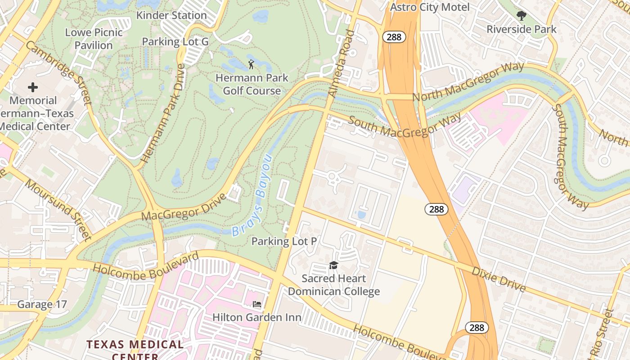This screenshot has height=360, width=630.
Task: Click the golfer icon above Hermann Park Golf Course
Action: pyautogui.click(x=251, y=64)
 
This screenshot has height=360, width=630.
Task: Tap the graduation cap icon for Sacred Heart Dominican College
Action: pyautogui.click(x=333, y=265)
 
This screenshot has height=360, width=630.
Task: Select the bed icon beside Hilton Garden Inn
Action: pyautogui.click(x=257, y=304)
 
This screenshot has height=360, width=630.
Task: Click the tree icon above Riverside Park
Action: pyautogui.click(x=521, y=16)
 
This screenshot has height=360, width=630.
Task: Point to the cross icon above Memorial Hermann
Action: pyautogui.click(x=33, y=87)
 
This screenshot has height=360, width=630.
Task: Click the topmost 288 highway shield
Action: pyautogui.click(x=394, y=37)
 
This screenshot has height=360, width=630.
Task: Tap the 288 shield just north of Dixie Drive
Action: pyautogui.click(x=436, y=209)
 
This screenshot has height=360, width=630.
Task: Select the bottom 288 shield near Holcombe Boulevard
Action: pyautogui.click(x=476, y=327)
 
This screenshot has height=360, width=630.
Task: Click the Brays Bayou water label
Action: pyautogui.click(x=252, y=196)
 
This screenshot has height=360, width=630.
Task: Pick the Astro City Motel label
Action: pyautogui.click(x=430, y=7)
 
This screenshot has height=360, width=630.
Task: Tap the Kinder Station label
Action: pyautogui.click(x=171, y=15)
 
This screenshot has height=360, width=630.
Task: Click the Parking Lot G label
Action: pyautogui.click(x=175, y=42)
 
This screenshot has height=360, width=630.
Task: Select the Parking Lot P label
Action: pyautogui.click(x=284, y=241)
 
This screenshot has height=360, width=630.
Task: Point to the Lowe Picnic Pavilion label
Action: pyautogui.click(x=94, y=39)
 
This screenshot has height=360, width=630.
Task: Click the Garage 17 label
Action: pyautogui.click(x=42, y=305)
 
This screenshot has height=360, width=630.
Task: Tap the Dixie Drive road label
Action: pyautogui.click(x=498, y=279)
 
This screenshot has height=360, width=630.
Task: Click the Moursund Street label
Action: pyautogui.click(x=58, y=210)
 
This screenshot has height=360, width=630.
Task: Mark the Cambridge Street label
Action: pyautogui.click(x=58, y=72)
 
